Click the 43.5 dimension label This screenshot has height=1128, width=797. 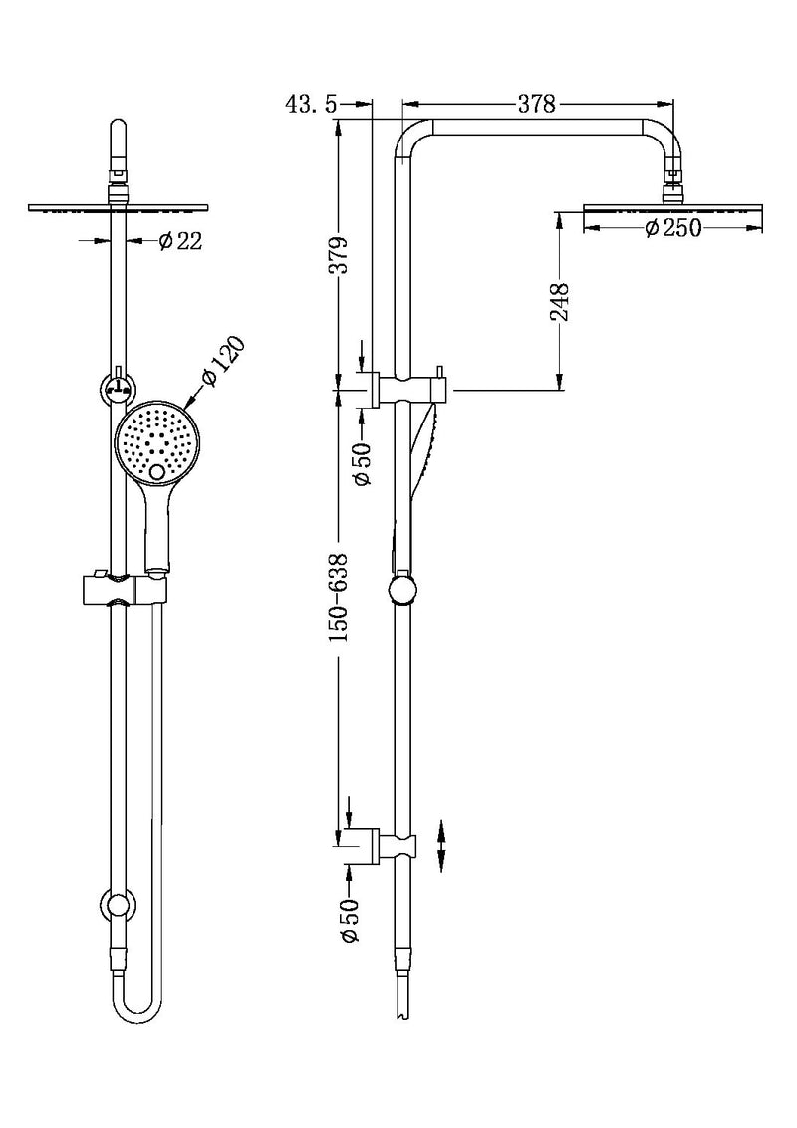(312, 104)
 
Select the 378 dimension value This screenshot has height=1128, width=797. (537, 104)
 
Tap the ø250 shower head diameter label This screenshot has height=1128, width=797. (672, 229)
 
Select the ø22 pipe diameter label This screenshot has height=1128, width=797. (179, 240)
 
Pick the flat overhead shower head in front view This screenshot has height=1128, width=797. (119, 206)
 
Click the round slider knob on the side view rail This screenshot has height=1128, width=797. (403, 590)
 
